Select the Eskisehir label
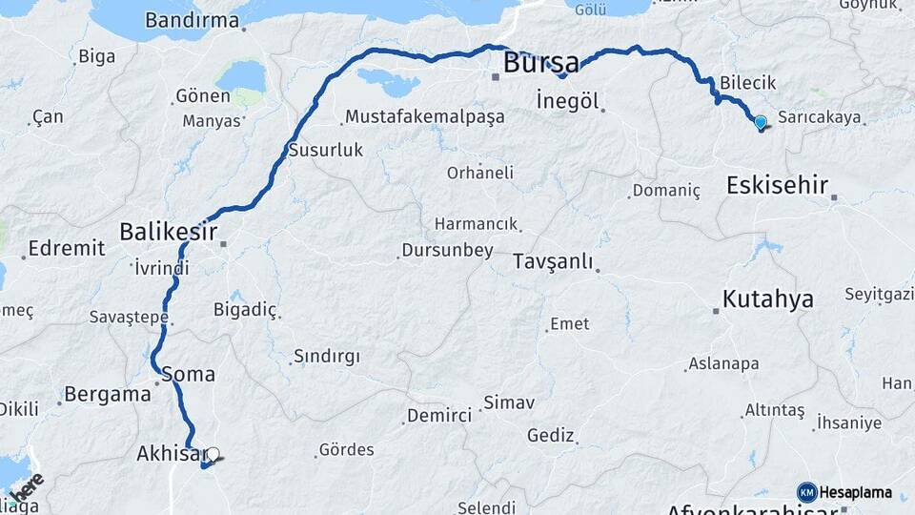pyautogui.click(x=777, y=185)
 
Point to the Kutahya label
pyautogui.click(x=767, y=299)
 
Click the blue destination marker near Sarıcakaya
pyautogui.click(x=761, y=122)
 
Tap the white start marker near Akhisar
pyautogui.click(x=213, y=456)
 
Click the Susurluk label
pyautogui.click(x=325, y=151)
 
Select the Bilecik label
pyautogui.click(x=749, y=83)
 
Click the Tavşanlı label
pyautogui.click(x=553, y=261)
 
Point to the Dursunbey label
pyautogui.click(x=446, y=251)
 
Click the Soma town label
pyautogui.click(x=188, y=374)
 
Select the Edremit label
pyautogui.click(x=67, y=248)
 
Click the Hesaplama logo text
pyautogui.click(x=856, y=493)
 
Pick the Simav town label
pyautogui.click(x=509, y=402)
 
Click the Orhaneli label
pyautogui.click(x=480, y=173)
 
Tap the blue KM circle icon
pyautogui.click(x=806, y=492)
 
